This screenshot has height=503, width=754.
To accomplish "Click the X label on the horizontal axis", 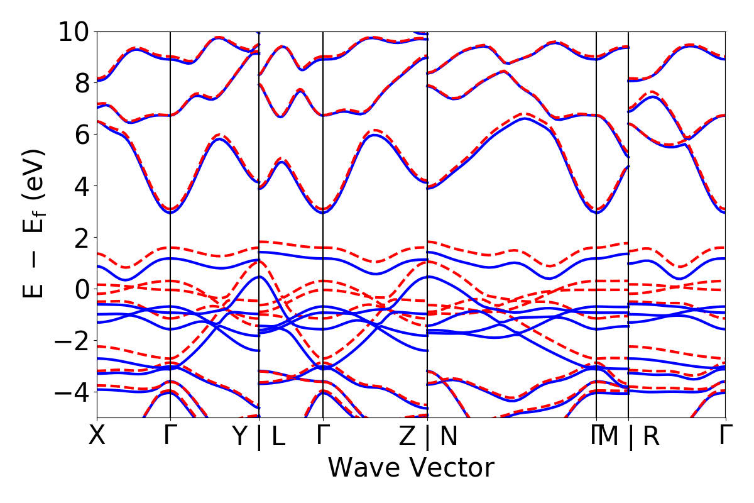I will coord(97,435).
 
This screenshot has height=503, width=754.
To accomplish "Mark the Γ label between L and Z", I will coord(323,435).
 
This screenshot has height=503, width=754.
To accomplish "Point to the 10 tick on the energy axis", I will coord(74,31).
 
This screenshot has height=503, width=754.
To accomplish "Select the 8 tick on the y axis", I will coord(82,83).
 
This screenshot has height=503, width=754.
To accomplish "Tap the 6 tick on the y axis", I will coord(82,135).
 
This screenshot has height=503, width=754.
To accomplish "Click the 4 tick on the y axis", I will coord(82,186).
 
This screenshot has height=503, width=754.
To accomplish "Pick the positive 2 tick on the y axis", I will coord(82,238).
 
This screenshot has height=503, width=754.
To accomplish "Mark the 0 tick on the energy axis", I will coord(82,289).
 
